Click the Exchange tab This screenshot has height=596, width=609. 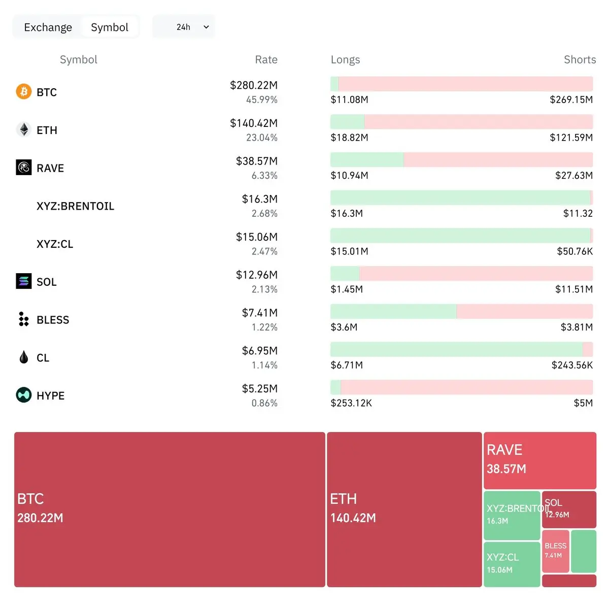point(48,27)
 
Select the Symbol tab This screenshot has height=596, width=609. point(110,27)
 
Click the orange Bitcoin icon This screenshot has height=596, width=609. point(24,91)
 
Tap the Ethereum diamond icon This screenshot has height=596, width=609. point(24,129)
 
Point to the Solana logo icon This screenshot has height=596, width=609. point(24,281)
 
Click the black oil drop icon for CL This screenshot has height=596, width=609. point(24,357)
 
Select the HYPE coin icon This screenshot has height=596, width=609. point(24,395)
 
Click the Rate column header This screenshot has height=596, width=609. point(266,60)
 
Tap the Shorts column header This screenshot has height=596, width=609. point(580,60)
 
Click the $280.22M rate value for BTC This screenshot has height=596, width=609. point(254,85)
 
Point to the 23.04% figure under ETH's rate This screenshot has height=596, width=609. point(262,138)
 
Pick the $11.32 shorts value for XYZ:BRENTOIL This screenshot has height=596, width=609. point(578,213)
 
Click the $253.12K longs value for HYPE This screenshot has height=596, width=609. point(351,403)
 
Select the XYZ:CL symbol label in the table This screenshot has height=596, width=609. point(55,244)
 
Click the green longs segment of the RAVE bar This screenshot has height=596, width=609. point(366,159)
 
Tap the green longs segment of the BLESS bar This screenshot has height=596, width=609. point(393,311)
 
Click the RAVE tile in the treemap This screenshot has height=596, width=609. point(539,460)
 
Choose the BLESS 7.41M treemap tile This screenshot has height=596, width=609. point(555,551)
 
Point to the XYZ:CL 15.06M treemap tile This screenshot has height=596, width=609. point(512,564)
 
